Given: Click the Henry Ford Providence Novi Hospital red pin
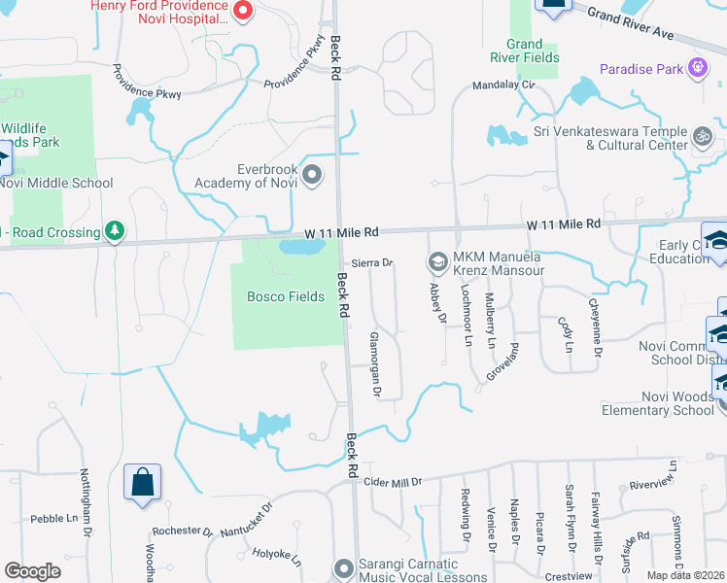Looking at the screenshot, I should (x=244, y=12).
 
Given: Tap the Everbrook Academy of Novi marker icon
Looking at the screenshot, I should (x=312, y=175).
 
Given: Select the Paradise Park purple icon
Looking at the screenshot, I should (x=697, y=68).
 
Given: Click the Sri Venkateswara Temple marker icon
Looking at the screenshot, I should (x=704, y=136).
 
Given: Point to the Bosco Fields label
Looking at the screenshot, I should (x=285, y=296).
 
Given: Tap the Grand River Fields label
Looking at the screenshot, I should (x=532, y=51).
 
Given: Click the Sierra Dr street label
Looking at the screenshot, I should (x=371, y=263).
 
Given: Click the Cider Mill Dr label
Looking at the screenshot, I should (x=393, y=482).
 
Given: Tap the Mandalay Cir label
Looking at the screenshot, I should (x=504, y=85).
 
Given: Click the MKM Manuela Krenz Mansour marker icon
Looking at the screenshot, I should (x=437, y=260).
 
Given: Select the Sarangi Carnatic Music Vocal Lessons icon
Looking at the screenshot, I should (x=341, y=568).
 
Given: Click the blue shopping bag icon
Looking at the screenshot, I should (x=142, y=482).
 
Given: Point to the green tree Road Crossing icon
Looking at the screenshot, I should (x=116, y=230).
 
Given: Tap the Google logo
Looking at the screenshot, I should (x=32, y=571).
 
